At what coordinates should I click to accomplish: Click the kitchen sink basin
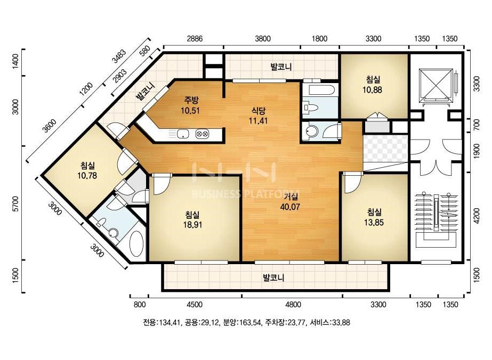[x=182, y=134]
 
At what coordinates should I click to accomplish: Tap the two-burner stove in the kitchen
[x=201, y=134]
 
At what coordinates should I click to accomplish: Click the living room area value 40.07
[x=290, y=207]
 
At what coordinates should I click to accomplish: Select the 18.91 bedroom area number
[x=192, y=225]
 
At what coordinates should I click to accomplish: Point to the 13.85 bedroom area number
[x=374, y=222]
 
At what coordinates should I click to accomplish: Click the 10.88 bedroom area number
[x=373, y=90]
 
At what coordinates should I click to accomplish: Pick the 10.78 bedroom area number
[x=87, y=176]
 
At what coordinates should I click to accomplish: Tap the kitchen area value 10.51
[x=190, y=110]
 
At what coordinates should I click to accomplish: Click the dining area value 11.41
[x=258, y=120]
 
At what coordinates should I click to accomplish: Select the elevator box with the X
[x=435, y=84]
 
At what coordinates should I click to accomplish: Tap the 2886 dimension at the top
[x=195, y=38]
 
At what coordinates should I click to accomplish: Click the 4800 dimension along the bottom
[x=293, y=305]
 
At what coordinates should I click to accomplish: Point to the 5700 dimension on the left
[x=15, y=204]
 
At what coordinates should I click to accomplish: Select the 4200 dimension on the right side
[x=477, y=216]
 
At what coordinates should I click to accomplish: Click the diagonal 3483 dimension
[x=119, y=56]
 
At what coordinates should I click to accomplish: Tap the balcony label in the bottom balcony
[x=273, y=277]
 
